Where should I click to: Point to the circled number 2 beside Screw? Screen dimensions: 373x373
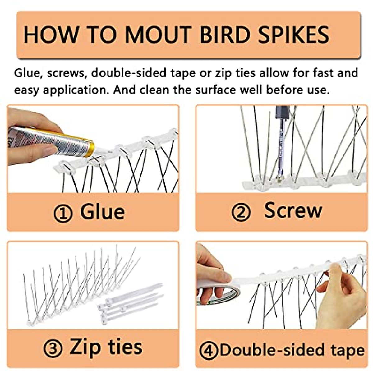click(241, 212)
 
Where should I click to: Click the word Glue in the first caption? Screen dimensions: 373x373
click(102, 212)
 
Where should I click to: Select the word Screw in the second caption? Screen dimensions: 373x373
click(293, 210)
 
